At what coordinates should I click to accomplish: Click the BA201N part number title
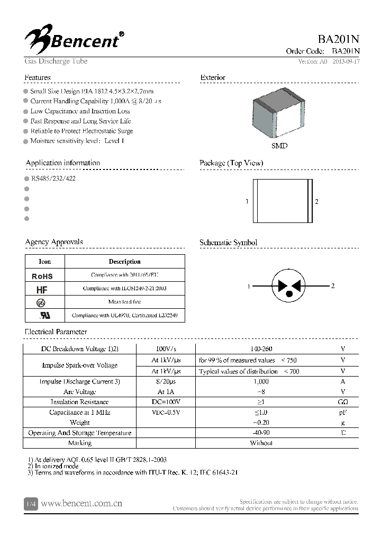339,40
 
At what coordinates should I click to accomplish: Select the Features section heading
38,77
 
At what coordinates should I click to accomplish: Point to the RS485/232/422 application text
53,178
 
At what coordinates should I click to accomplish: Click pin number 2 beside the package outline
316,202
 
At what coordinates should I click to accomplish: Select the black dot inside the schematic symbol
289,293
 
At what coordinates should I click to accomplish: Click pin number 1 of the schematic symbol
248,286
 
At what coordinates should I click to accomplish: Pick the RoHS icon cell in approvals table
42,276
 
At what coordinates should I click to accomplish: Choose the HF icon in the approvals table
42,289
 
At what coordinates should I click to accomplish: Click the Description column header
124,262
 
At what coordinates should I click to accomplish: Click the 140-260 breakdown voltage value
261,349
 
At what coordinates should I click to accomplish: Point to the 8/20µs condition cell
166,381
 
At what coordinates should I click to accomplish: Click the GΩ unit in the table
343,402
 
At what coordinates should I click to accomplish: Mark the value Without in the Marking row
261,443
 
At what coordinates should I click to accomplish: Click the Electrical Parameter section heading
56,332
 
